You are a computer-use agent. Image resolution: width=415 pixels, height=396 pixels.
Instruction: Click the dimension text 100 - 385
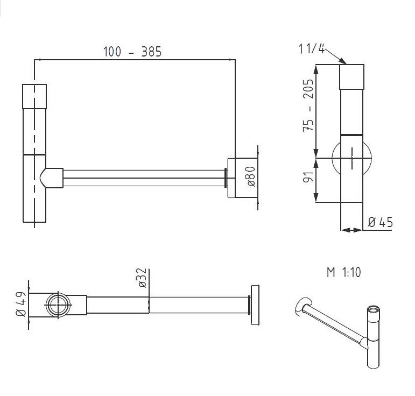(132, 52)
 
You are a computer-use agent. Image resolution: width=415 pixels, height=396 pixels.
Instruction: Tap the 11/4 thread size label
(312, 49)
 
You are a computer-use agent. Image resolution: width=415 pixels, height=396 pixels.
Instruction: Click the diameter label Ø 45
(381, 222)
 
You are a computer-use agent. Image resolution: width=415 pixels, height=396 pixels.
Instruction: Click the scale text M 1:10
(343, 272)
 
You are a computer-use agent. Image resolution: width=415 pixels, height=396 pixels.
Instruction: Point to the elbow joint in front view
(51, 178)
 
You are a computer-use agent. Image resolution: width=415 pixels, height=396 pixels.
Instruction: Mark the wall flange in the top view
(254, 305)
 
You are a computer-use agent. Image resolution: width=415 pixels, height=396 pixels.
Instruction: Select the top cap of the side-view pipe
(352, 76)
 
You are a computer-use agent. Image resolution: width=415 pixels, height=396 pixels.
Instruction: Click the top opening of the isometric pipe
(371, 310)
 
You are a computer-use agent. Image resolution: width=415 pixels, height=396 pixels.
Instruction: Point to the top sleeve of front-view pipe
(34, 96)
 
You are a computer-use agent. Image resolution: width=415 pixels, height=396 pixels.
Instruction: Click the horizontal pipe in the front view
(143, 178)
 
